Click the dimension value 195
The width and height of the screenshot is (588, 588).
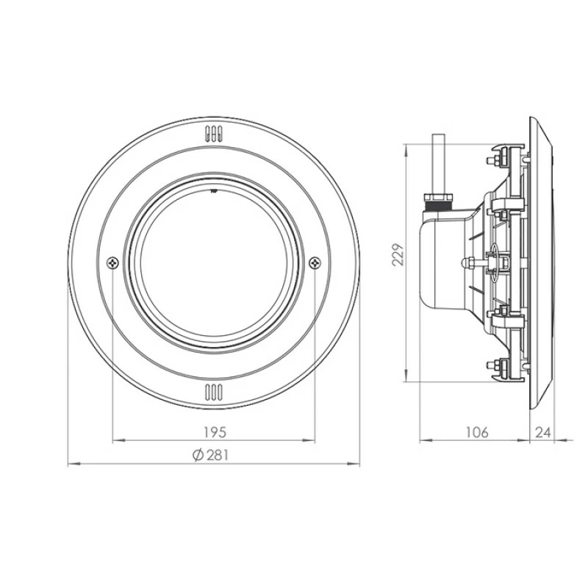coord(212,431)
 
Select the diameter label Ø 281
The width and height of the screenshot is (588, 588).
coord(211,455)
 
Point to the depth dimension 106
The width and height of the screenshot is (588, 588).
coord(476,431)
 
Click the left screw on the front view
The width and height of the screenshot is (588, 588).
coord(112,262)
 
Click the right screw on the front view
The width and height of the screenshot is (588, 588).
coord(315,262)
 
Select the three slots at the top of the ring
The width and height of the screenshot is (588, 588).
coord(212,135)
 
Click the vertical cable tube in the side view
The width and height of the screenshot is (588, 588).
coord(439,163)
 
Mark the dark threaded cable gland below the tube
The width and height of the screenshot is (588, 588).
coord(438,199)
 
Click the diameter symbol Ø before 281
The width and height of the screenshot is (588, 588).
coord(196,455)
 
